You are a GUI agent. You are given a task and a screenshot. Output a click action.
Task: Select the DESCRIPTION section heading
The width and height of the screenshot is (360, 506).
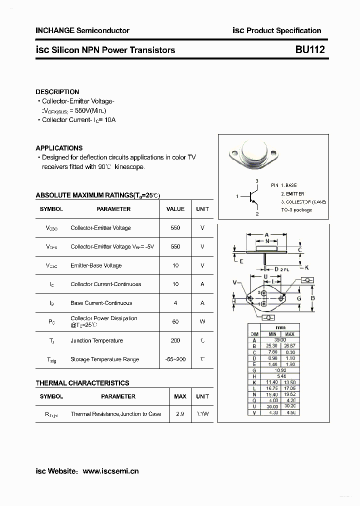click(x=57, y=92)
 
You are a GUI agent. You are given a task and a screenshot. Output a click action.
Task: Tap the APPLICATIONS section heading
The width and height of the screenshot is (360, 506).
click(x=59, y=148)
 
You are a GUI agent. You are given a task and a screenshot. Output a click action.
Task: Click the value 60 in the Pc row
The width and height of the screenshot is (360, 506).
click(x=175, y=321)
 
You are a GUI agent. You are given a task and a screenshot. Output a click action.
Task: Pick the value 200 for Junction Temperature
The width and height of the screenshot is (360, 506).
click(x=175, y=340)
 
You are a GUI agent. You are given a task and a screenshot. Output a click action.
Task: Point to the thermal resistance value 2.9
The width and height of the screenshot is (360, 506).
click(x=179, y=414)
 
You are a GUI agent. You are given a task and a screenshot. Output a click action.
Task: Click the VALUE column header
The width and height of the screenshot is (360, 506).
click(x=175, y=209)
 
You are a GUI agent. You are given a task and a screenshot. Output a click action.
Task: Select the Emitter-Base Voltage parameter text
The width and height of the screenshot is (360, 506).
click(x=96, y=265)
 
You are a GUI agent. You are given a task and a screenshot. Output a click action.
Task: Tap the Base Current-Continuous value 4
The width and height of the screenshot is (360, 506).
click(x=175, y=303)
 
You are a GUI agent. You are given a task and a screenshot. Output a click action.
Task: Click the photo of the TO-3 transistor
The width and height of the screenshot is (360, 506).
click(x=252, y=154)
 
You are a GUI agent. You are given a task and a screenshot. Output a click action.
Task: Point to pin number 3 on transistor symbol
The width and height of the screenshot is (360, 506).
click(x=256, y=180)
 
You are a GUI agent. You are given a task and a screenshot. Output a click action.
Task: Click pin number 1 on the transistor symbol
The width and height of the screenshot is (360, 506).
click(x=237, y=196)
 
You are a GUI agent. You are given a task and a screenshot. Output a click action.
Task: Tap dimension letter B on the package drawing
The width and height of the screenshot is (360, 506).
click(x=312, y=298)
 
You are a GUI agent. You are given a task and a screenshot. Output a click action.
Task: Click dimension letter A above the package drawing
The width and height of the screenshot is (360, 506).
click(x=267, y=234)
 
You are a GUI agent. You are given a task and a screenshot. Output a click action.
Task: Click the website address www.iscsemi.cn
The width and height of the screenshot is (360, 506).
click(x=110, y=471)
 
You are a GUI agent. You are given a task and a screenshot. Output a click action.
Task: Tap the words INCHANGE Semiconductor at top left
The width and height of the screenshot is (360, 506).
click(x=82, y=30)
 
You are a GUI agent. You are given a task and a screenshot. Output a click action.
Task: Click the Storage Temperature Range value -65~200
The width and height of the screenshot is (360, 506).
click(x=175, y=359)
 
